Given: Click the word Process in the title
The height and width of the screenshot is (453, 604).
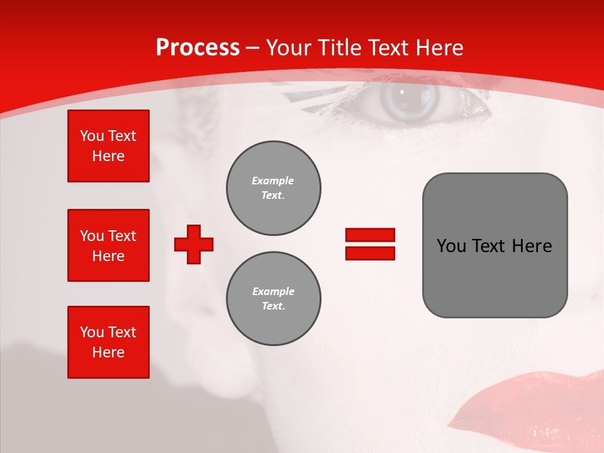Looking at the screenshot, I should [198, 48].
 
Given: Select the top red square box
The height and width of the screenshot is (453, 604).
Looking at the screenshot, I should [108, 146].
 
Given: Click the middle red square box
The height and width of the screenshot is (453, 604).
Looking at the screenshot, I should [108, 245].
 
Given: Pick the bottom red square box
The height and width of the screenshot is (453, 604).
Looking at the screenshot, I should [108, 342].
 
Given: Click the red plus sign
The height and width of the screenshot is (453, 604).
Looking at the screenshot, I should [194, 244].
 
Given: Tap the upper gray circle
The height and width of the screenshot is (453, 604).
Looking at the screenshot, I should [273, 188].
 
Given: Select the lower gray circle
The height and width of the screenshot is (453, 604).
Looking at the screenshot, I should [273, 299].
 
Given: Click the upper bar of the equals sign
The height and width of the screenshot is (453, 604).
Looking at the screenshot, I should [370, 235].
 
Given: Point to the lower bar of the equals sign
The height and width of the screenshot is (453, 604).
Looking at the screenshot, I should [370, 253].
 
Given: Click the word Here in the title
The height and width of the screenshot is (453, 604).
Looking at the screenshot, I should [438, 48].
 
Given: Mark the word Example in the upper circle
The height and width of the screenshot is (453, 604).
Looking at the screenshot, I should [272, 181].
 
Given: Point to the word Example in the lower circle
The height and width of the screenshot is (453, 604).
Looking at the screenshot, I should [273, 291].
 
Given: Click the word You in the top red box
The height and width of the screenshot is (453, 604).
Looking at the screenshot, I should [92, 136].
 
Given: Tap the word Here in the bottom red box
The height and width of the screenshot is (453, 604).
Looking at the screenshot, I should [108, 352].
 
